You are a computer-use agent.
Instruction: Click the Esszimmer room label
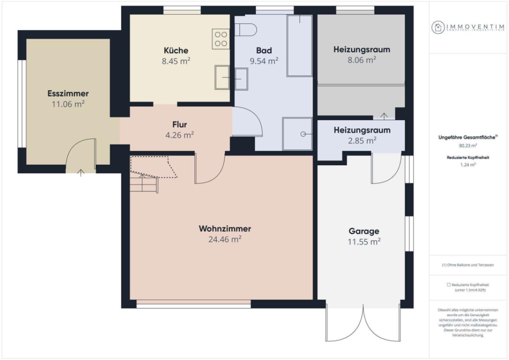(68, 93)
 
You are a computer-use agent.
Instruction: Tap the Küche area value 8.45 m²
(176, 61)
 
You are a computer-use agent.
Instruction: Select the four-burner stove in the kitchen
(220, 39)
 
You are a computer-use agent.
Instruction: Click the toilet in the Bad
(247, 29)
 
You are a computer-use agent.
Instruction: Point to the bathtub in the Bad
(300, 46)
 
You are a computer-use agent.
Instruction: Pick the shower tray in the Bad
(297, 134)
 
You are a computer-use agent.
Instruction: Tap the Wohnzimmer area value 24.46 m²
(225, 239)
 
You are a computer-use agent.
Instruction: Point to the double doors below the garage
(362, 323)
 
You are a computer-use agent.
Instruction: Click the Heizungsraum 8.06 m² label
(362, 49)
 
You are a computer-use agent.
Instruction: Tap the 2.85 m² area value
(362, 141)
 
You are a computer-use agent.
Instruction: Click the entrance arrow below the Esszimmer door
(81, 173)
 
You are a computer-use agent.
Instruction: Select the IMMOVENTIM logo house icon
(437, 27)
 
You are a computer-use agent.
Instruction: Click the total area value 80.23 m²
(468, 145)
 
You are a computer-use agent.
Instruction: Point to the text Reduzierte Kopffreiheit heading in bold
(468, 157)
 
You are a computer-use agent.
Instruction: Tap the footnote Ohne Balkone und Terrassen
(468, 265)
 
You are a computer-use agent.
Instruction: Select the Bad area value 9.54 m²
(264, 61)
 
